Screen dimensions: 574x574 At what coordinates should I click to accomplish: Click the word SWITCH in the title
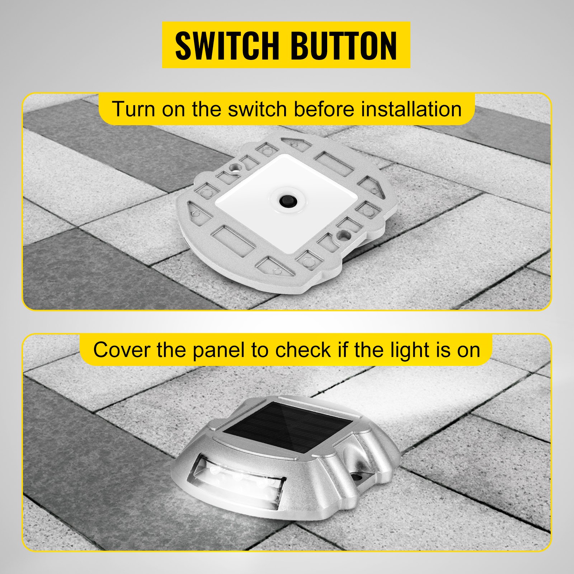click(x=227, y=46)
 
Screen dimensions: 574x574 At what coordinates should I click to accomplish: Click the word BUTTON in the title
click(x=343, y=46)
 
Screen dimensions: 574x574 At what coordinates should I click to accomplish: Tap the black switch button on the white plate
click(x=287, y=199)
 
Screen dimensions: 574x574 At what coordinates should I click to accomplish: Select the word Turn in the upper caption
click(x=133, y=109)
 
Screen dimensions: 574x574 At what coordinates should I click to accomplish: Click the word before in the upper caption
click(x=324, y=109)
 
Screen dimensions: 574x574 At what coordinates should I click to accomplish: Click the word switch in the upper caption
click(x=258, y=109)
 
